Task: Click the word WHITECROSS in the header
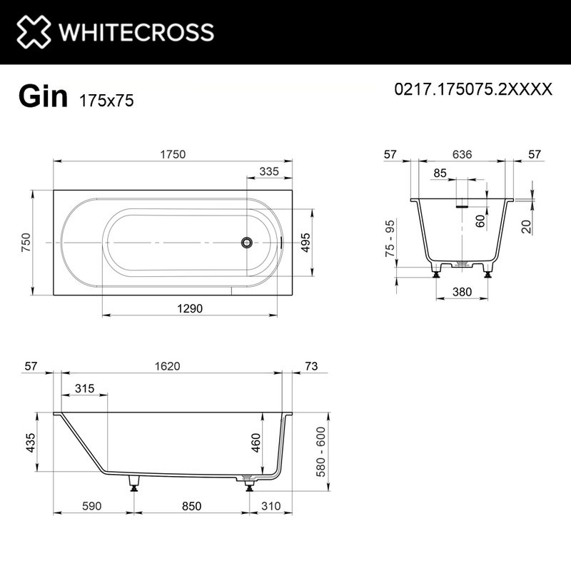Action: coord(136,32)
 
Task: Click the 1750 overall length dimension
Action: coord(173,154)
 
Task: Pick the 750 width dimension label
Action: coord(26,243)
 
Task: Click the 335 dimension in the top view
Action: coord(268,171)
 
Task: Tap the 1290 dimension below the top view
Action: coord(191,308)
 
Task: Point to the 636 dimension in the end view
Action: coord(462,155)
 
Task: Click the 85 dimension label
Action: coord(440,173)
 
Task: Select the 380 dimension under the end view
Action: coord(462,291)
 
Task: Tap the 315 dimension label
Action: coord(84,388)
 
